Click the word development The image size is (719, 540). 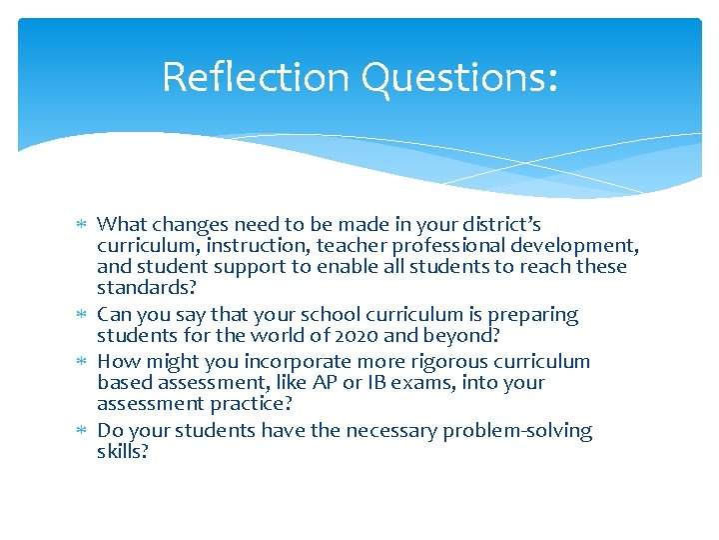point(575,245)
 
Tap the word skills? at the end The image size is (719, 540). point(123,452)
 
